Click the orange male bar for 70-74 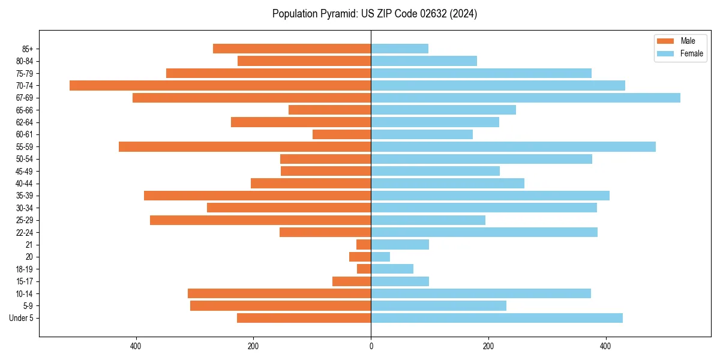tap(220, 85)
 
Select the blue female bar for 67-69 tap(526, 98)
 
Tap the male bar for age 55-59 tap(245, 146)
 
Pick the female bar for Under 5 tap(497, 318)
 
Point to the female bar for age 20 tap(380, 257)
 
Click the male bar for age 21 tap(364, 245)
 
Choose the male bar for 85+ tap(292, 49)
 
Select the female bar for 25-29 tap(428, 220)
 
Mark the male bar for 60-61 tap(341, 134)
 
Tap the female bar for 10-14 tap(481, 293)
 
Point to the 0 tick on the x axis tap(371, 346)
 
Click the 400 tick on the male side tap(136, 346)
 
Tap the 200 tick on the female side tap(488, 346)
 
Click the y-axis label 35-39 tap(25, 196)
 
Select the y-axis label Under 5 tap(21, 318)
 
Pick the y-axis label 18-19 tap(25, 269)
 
